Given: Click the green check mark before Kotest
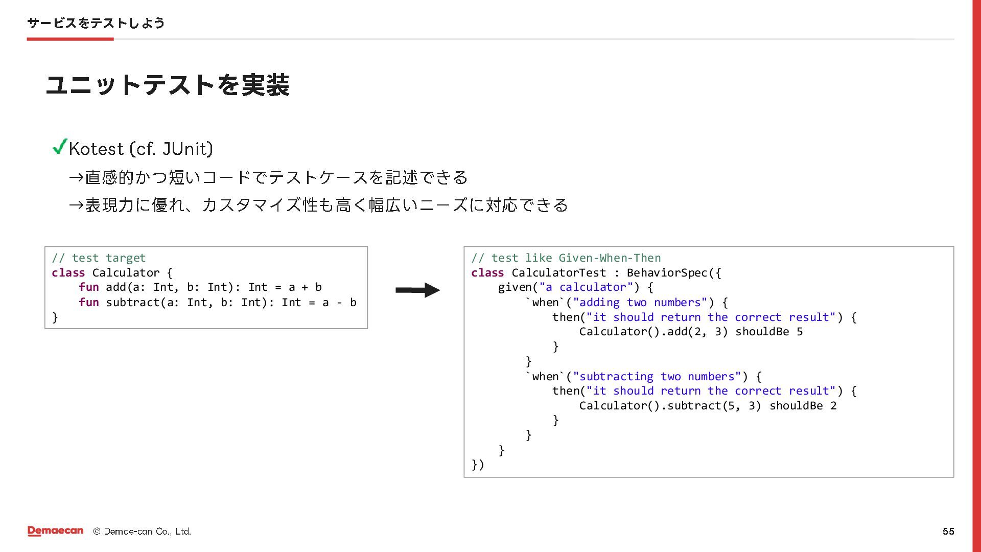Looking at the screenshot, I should (x=60, y=147).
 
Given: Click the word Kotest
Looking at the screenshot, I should (x=96, y=149).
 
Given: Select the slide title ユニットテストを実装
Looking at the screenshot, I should (x=168, y=85).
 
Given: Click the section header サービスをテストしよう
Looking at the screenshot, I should (x=96, y=23).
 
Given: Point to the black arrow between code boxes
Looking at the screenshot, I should (x=417, y=290).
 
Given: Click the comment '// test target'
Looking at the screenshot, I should (x=99, y=258).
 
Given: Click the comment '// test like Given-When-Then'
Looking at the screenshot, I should (x=566, y=258).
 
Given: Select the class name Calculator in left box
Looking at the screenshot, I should (x=126, y=273).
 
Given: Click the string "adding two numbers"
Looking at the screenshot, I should (x=640, y=303).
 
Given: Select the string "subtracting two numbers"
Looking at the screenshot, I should (x=657, y=377).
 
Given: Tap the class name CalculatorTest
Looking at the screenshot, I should (x=558, y=273).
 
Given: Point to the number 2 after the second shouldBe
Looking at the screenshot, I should (x=833, y=406).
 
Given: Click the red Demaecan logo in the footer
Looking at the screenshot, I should (x=55, y=531).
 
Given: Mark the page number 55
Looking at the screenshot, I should (x=948, y=532).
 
